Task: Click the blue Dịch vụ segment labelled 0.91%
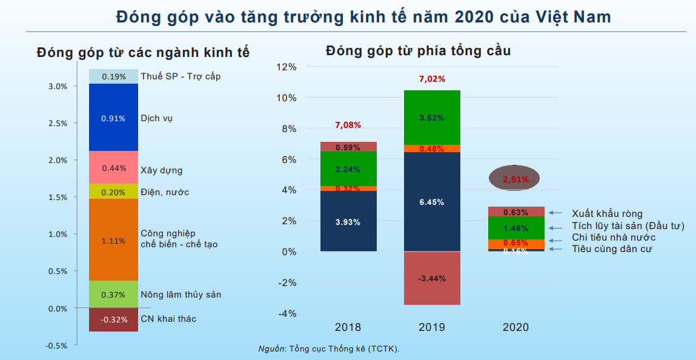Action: click(x=113, y=118)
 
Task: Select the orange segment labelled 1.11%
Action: click(x=113, y=241)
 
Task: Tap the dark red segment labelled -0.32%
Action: click(x=113, y=320)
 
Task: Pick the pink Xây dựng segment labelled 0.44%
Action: click(x=113, y=168)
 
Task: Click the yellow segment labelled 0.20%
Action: click(x=113, y=192)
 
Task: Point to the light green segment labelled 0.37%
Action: click(x=113, y=295)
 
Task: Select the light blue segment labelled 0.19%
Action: click(x=113, y=76)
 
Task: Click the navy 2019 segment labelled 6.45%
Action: click(x=432, y=202)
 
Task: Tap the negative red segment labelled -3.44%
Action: click(x=432, y=278)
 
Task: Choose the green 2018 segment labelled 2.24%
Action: click(x=348, y=168)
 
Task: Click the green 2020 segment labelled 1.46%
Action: click(x=515, y=228)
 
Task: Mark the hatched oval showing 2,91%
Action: click(x=516, y=179)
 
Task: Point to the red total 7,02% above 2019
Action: click(x=432, y=79)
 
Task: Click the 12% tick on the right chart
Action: click(x=286, y=67)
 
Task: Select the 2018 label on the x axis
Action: click(x=348, y=327)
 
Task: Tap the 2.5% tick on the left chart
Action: click(x=58, y=124)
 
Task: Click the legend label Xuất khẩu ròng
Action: click(x=607, y=213)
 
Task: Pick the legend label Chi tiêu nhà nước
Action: click(x=614, y=238)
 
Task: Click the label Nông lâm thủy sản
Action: click(x=181, y=295)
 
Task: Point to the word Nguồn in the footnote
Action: click(x=271, y=348)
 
